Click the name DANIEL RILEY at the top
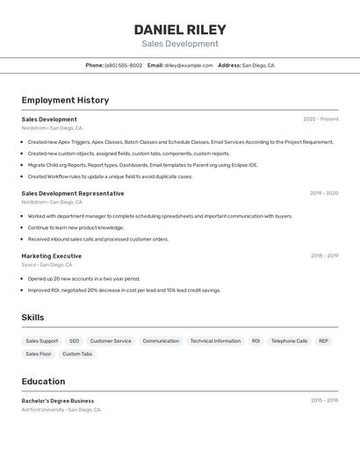(x=180, y=29)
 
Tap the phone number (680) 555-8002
(x=123, y=65)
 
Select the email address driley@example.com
(x=189, y=65)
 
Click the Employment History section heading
(x=65, y=100)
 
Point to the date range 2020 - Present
(x=320, y=119)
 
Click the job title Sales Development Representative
(x=73, y=193)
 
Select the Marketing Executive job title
(x=52, y=256)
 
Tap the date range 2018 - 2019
(x=324, y=256)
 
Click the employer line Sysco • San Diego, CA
(x=47, y=265)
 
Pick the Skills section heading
(x=32, y=318)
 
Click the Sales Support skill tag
(x=42, y=340)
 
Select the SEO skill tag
(x=74, y=340)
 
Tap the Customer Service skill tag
(x=111, y=340)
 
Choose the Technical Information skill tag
(x=215, y=340)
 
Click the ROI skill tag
(x=256, y=340)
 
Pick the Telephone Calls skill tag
(x=289, y=340)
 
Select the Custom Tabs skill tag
(x=77, y=354)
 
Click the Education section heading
(x=43, y=382)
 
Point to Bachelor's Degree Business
(x=58, y=401)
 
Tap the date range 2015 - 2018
(x=324, y=401)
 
